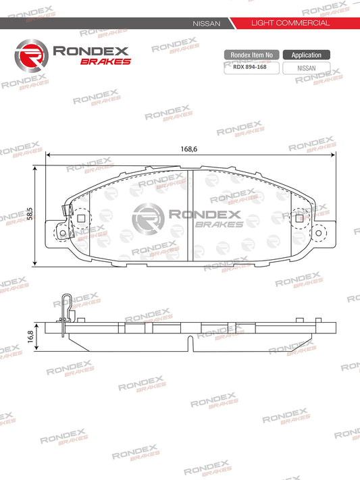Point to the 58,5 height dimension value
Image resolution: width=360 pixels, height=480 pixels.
click(x=29, y=215)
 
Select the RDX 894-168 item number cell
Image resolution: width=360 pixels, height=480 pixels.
click(x=249, y=68)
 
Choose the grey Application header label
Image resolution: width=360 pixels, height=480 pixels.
click(x=306, y=55)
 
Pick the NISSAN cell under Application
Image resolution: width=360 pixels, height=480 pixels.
click(x=306, y=68)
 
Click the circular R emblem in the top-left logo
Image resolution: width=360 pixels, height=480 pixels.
click(x=29, y=55)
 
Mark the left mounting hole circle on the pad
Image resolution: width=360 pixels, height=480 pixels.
click(x=63, y=233)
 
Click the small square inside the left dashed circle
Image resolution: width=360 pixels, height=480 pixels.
click(x=82, y=218)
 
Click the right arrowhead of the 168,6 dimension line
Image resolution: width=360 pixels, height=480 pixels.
click(x=334, y=155)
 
